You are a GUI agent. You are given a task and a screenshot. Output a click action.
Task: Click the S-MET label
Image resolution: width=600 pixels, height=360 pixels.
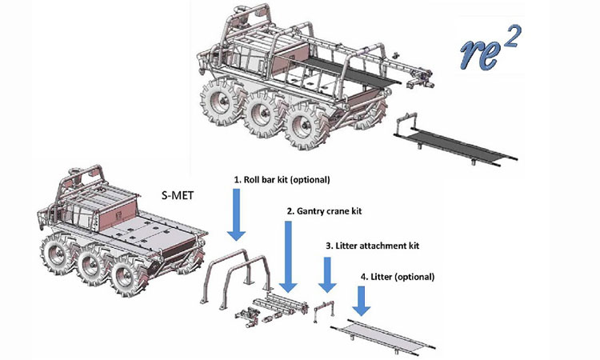coord(180,193)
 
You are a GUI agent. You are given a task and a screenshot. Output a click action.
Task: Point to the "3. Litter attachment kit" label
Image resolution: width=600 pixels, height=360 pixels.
coord(372,246)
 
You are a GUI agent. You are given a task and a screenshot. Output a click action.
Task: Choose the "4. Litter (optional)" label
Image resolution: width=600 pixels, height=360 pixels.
coord(398,277)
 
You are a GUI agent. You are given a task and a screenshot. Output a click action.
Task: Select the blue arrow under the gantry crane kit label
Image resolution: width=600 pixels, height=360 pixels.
coord(287,256)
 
